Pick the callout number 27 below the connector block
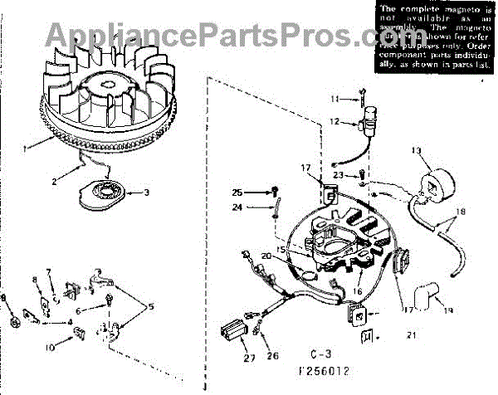(x=227, y=359)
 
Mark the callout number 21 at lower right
(x=412, y=336)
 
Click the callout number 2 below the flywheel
(x=56, y=180)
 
